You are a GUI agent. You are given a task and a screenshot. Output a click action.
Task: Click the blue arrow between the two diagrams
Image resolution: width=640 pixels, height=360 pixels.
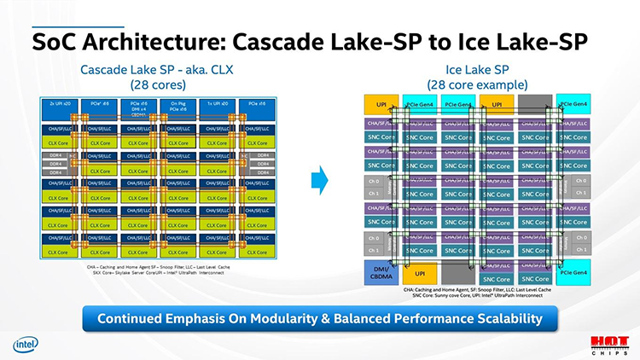pos(319,179)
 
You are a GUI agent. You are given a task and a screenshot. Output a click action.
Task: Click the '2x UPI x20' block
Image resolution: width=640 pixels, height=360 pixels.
pos(60,105)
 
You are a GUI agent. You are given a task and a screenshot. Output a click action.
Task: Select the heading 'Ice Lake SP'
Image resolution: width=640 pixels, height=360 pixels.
pos(477,71)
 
